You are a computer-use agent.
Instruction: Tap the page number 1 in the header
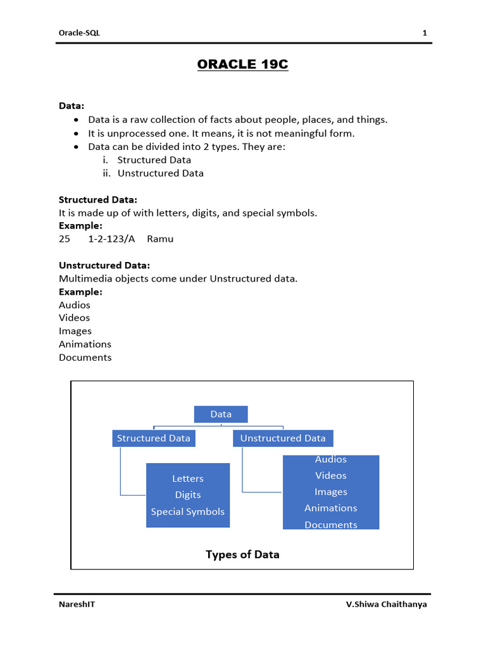tap(425, 33)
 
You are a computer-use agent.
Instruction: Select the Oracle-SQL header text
tap(79, 33)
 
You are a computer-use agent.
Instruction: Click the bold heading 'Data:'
tap(72, 106)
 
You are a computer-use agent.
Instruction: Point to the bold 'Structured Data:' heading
tap(98, 199)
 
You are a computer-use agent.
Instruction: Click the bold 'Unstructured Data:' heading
tap(104, 265)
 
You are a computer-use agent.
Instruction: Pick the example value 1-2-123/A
tap(112, 239)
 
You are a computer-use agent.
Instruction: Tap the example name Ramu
tap(160, 239)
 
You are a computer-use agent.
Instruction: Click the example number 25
tap(65, 239)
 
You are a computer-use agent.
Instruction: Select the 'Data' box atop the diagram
tap(221, 414)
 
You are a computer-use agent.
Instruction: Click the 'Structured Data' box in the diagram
tap(153, 438)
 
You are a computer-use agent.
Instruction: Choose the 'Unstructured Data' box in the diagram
tap(283, 438)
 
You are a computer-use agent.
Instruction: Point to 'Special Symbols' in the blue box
tap(188, 511)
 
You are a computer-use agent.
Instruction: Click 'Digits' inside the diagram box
tap(188, 495)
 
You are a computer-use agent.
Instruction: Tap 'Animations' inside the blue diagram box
tap(331, 508)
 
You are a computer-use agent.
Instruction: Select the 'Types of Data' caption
tap(242, 554)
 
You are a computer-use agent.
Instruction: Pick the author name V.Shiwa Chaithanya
tap(386, 604)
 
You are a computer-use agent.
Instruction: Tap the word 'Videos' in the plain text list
tap(75, 318)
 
